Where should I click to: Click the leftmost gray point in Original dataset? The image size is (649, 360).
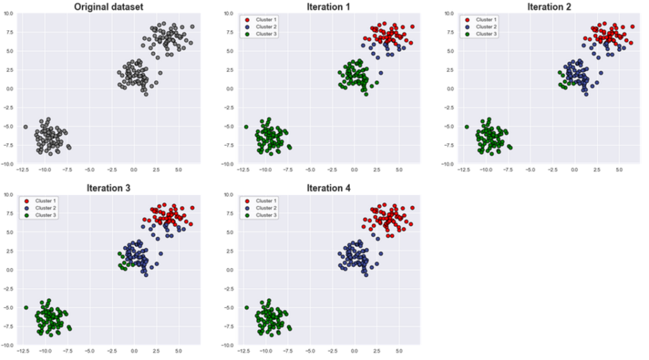pyautogui.click(x=25, y=127)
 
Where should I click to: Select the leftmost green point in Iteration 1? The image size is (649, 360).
pyautogui.click(x=246, y=127)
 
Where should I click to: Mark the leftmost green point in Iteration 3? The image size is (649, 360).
pyautogui.click(x=26, y=307)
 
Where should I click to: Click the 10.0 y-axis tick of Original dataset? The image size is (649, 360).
pyautogui.click(x=9, y=13)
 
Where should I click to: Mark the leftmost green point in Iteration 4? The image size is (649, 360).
pyautogui.click(x=246, y=307)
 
